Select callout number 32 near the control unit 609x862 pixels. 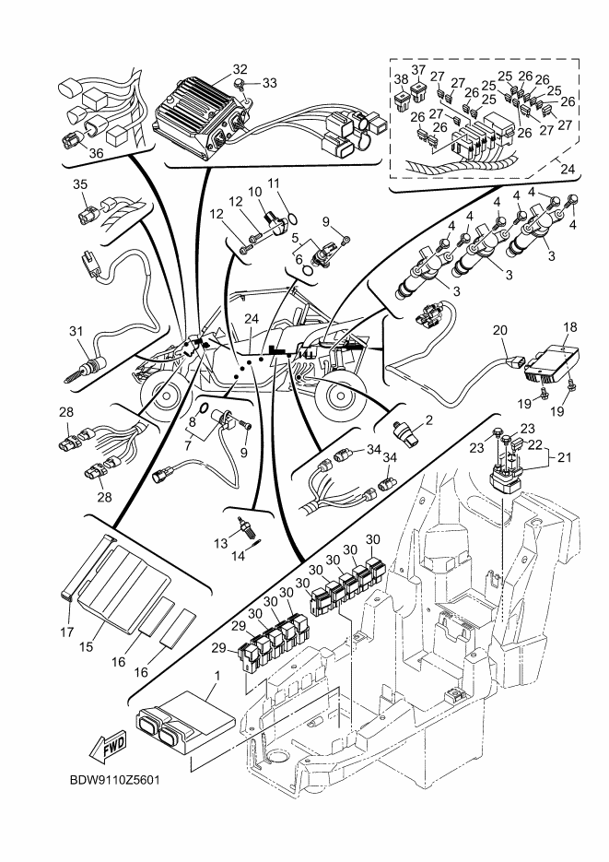240,69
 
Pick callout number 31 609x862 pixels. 76,330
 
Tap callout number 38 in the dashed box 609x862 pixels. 400,79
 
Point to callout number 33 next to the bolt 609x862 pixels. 269,83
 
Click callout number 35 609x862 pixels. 79,184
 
